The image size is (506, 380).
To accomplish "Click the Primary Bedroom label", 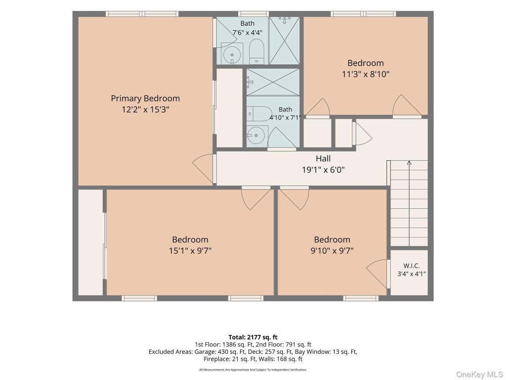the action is (x=145, y=98).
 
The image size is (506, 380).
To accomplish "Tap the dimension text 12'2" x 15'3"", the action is (x=145, y=109).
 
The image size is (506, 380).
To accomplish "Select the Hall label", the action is (x=323, y=158).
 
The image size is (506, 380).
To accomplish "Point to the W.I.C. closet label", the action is (x=412, y=266).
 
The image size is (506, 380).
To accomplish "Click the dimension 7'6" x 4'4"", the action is (x=247, y=32).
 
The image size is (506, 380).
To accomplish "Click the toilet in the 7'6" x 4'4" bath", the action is (x=256, y=51).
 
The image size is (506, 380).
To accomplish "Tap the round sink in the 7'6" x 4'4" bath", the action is (x=232, y=54).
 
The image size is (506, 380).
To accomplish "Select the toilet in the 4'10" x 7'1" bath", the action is (x=260, y=113).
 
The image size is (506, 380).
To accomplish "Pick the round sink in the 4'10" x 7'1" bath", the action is (x=256, y=136).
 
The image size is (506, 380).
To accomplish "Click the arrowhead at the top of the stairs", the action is (x=409, y=162).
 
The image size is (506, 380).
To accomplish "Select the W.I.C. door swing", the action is (x=377, y=274).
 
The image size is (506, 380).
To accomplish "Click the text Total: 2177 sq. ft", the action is (x=253, y=337).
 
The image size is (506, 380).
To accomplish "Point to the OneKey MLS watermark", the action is (x=479, y=375).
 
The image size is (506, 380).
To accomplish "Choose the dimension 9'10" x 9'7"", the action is (x=332, y=251).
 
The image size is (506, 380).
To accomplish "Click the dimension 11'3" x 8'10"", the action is (x=366, y=74).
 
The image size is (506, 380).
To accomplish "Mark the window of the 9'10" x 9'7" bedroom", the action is (x=360, y=298).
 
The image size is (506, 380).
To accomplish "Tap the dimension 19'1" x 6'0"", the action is (x=323, y=170).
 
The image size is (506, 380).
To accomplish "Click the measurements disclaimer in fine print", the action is (x=253, y=370).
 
